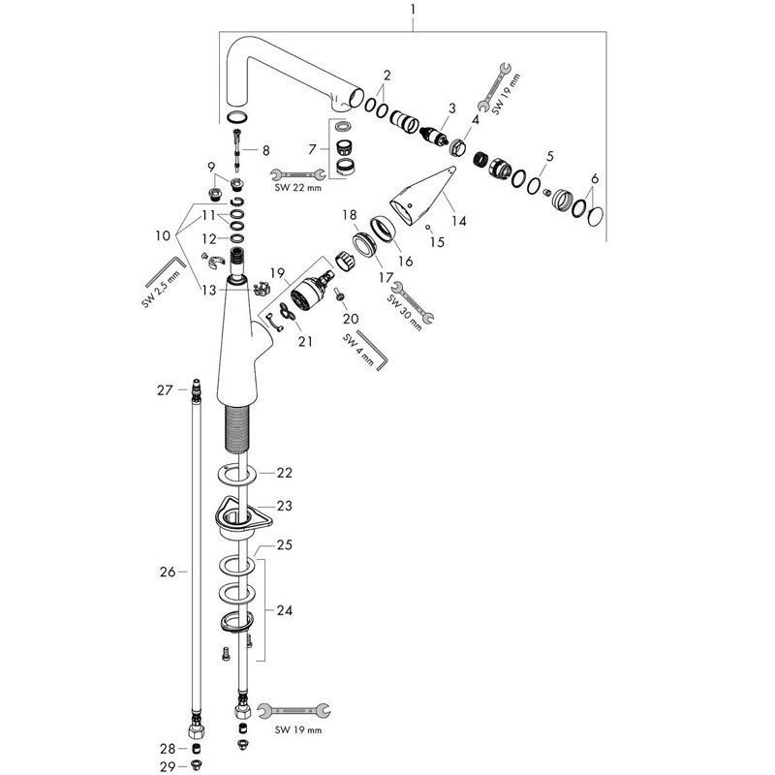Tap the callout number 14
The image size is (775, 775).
tap(458, 221)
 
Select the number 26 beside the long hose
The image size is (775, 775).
tap(167, 573)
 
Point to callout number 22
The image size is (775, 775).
tap(284, 473)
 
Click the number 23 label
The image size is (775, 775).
tap(284, 506)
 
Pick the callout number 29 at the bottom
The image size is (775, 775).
tap(167, 765)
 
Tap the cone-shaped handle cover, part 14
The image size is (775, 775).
tap(423, 195)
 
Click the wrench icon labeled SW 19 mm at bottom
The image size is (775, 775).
tap(297, 711)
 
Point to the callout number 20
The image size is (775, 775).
tap(349, 318)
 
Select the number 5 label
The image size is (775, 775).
tap(549, 156)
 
